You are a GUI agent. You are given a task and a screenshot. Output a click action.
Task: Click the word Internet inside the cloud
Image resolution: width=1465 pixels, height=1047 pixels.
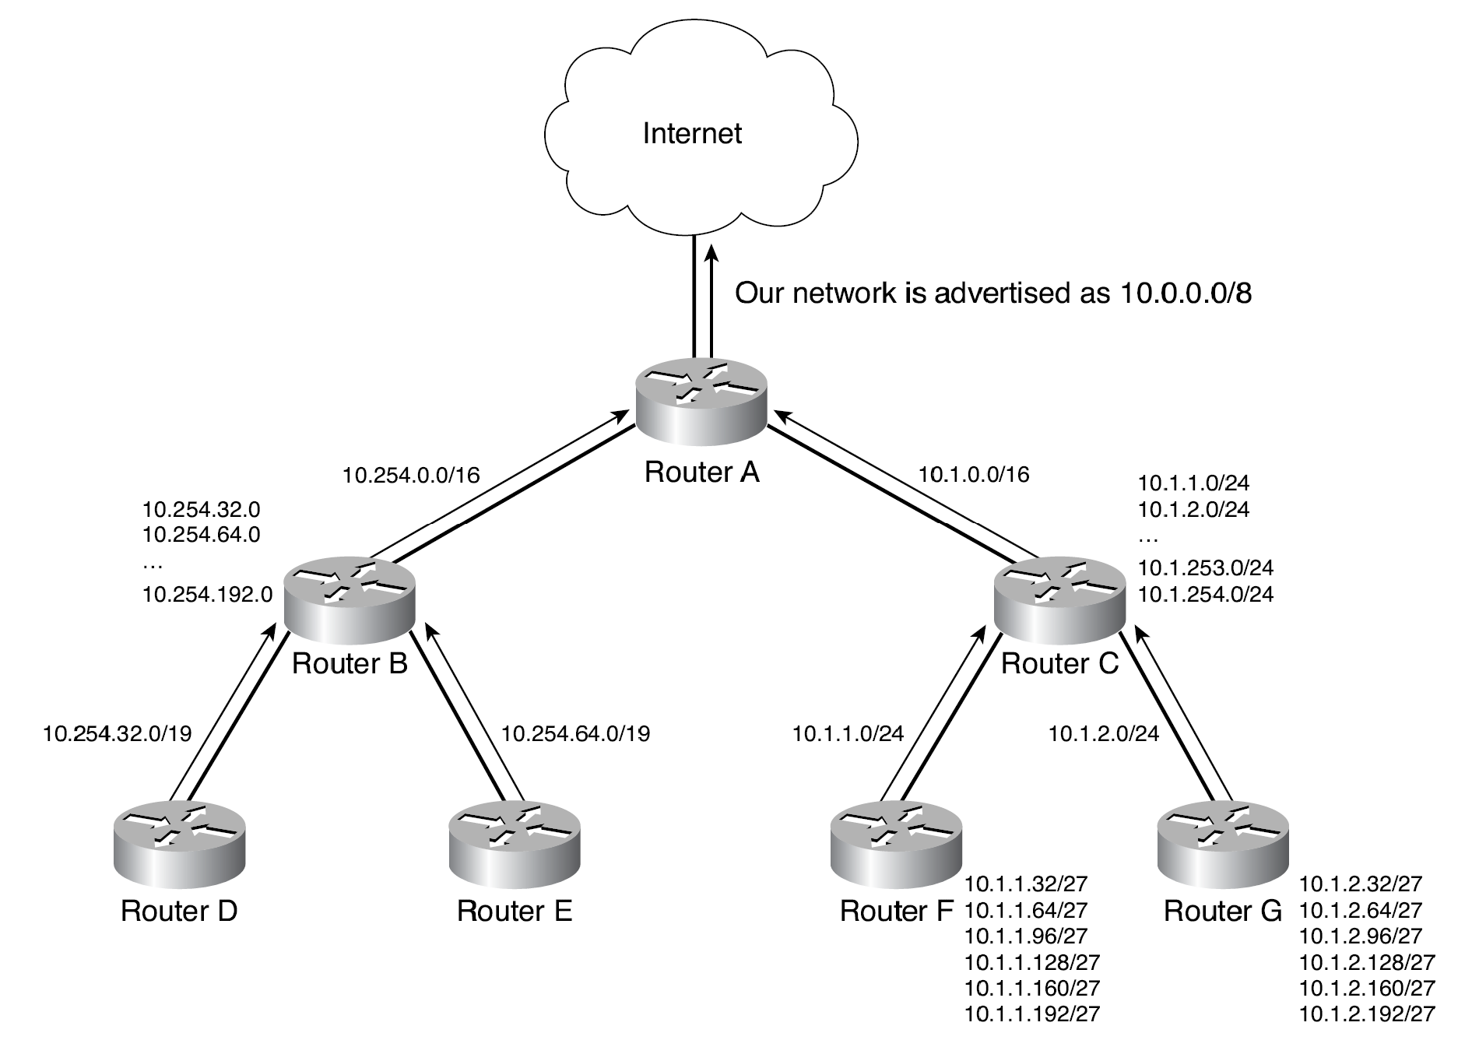(x=691, y=133)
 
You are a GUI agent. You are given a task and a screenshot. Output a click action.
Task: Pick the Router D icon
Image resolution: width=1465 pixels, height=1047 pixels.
(x=179, y=845)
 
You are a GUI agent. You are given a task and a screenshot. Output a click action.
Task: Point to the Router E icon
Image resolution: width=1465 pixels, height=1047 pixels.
(x=515, y=845)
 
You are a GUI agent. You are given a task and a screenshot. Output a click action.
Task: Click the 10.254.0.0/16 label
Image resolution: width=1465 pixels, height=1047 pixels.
(x=411, y=475)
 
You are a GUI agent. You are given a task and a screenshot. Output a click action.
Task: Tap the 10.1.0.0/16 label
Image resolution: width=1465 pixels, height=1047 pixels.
(x=974, y=474)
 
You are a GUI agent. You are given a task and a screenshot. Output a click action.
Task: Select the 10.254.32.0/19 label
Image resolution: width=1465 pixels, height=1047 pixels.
(x=118, y=733)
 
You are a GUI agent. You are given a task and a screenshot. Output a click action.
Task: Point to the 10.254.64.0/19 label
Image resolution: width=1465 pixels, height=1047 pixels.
(x=575, y=733)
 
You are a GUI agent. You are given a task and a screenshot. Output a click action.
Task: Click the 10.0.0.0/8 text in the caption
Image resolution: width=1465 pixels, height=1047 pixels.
(x=1186, y=293)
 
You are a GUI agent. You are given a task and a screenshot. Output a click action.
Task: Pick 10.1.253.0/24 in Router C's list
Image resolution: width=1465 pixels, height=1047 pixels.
(x=1205, y=567)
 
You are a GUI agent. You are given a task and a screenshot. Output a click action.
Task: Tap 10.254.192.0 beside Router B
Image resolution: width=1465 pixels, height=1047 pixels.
(x=207, y=595)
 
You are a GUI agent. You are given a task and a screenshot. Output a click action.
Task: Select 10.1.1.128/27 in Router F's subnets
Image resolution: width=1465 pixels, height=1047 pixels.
(x=1032, y=962)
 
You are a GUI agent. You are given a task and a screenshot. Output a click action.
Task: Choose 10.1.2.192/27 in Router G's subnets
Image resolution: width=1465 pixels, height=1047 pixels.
(x=1367, y=1014)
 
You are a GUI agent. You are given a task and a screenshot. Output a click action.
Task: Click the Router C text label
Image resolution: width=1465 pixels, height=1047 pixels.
(x=1059, y=663)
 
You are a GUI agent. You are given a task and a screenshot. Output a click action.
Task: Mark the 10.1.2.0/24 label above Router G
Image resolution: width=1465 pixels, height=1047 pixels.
(x=1104, y=733)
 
